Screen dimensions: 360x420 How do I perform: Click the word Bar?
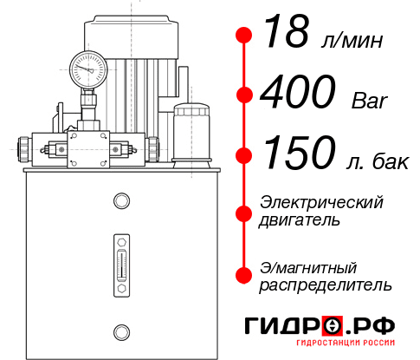[370, 101]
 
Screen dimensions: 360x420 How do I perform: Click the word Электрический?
[321, 202]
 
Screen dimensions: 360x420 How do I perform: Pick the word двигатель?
[299, 220]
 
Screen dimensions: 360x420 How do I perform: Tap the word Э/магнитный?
[308, 266]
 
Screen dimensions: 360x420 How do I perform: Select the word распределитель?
[326, 285]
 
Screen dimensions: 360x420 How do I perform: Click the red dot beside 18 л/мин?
[244, 35]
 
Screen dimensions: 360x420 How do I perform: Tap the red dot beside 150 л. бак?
[244, 155]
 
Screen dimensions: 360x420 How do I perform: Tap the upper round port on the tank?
[120, 202]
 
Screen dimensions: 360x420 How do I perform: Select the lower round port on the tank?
[120, 331]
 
